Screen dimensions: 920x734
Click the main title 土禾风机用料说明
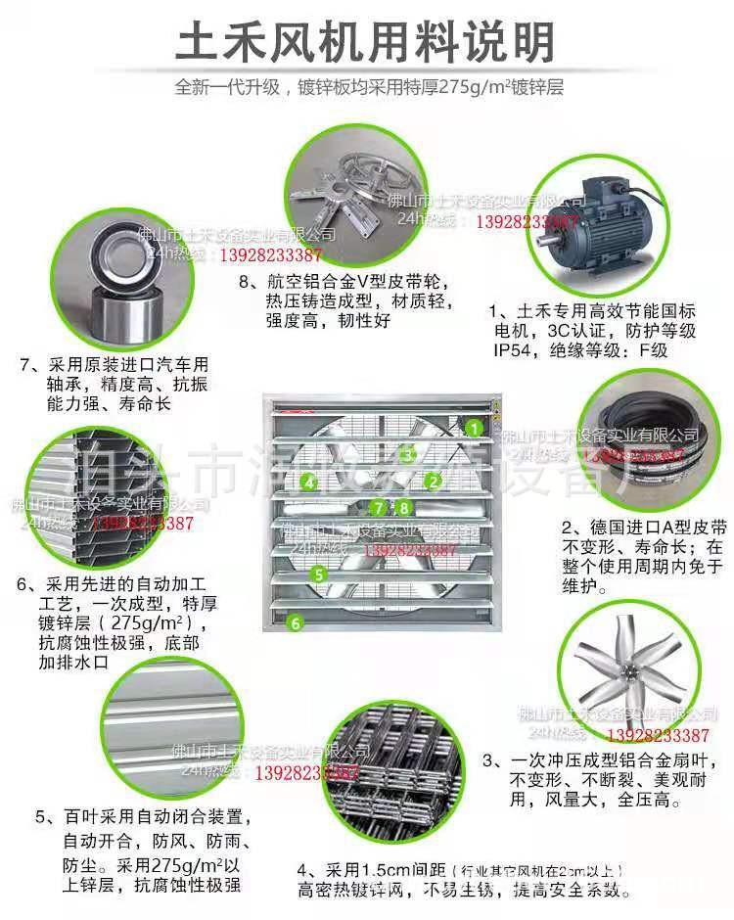pyautogui.click(x=366, y=42)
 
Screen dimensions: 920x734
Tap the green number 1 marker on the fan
pyautogui.click(x=474, y=428)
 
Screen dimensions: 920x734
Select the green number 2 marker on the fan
pyautogui.click(x=432, y=481)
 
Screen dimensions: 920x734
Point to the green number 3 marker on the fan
pyautogui.click(x=408, y=453)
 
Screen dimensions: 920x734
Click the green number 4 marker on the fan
pyautogui.click(x=308, y=482)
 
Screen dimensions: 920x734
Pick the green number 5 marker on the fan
pyautogui.click(x=318, y=575)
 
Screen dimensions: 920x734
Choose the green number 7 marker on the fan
pyautogui.click(x=380, y=507)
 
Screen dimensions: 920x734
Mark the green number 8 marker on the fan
pyautogui.click(x=403, y=507)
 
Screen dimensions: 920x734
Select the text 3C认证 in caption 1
pyautogui.click(x=584, y=332)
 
